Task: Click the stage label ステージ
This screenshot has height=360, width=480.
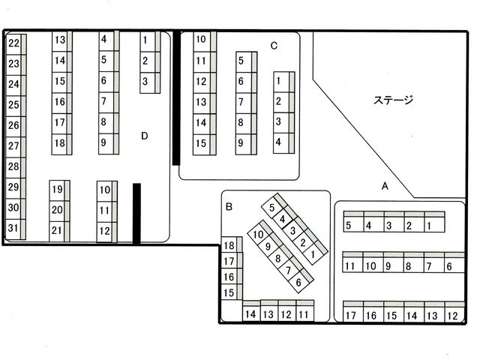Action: click(x=393, y=100)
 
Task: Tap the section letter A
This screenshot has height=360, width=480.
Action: click(x=385, y=186)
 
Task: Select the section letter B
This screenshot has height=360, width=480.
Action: click(x=229, y=207)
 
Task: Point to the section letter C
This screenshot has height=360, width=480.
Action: click(x=274, y=46)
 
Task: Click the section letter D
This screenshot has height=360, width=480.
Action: click(x=145, y=136)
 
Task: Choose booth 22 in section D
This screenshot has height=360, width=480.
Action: click(x=16, y=44)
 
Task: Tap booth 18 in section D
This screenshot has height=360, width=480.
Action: click(x=61, y=144)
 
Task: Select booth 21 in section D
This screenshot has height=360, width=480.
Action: click(x=59, y=232)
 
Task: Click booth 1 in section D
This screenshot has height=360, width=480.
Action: click(x=150, y=41)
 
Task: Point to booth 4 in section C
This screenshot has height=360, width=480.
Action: click(x=283, y=143)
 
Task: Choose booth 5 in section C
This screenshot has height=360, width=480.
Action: click(x=247, y=61)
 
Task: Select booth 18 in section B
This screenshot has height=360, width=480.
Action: click(x=232, y=244)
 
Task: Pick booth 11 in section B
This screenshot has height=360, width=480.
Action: click(x=305, y=311)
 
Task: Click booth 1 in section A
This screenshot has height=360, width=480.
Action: click(x=434, y=222)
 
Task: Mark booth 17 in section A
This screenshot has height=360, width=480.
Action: click(x=353, y=312)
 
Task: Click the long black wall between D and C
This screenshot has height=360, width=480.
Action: click(x=176, y=98)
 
